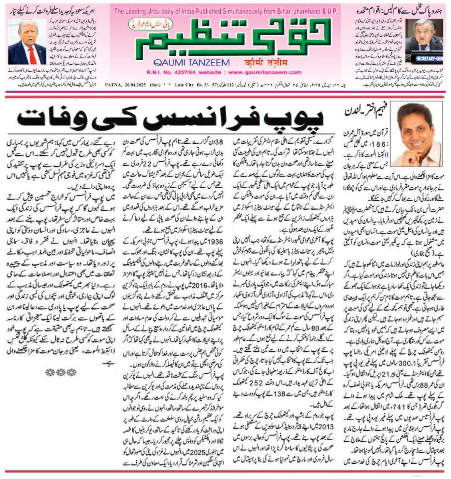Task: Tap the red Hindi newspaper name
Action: coord(266,62)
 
